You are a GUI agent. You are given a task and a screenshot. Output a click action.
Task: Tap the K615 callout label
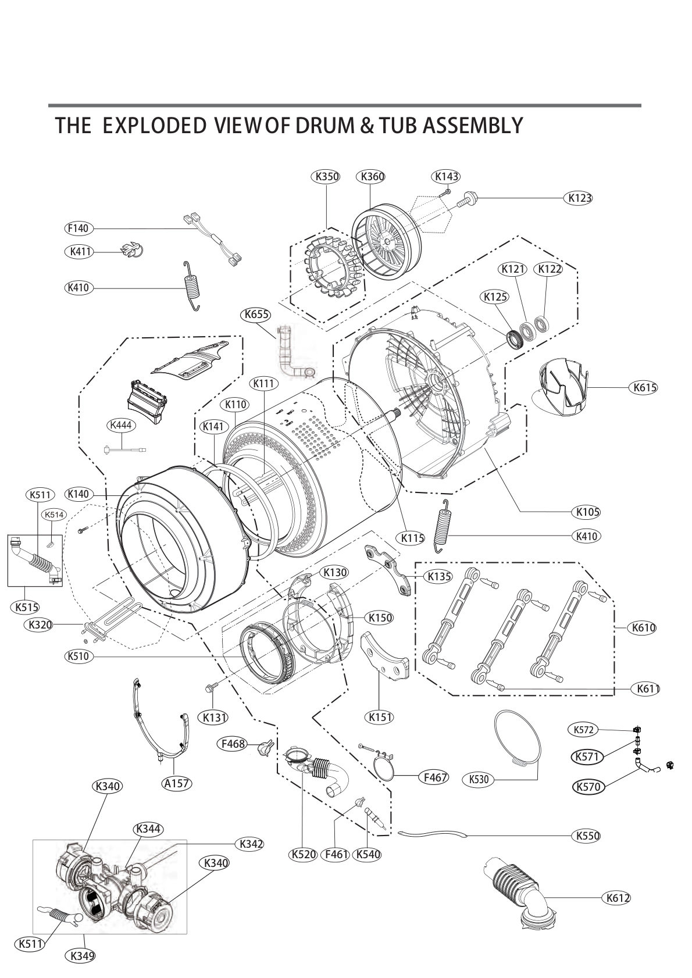tap(643, 388)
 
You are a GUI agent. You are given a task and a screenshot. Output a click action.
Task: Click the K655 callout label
tap(256, 315)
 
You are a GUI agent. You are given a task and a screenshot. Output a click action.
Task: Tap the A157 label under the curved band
tap(176, 783)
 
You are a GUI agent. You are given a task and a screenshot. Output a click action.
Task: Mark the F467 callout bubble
tap(435, 776)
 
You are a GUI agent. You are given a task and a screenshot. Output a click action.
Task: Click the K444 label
tap(122, 426)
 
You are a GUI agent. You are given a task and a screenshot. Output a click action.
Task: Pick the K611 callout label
tap(647, 689)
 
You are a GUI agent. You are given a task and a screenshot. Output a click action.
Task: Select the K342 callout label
tap(249, 844)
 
